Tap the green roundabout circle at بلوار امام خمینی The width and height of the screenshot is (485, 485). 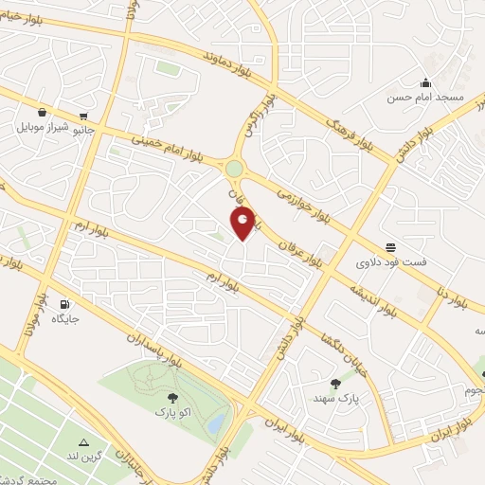(234, 170)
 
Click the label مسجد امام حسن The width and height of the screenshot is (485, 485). (428, 98)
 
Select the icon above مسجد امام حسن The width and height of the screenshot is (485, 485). (426, 82)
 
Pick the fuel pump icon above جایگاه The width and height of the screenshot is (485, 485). (64, 305)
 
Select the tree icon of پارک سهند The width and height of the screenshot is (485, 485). (335, 383)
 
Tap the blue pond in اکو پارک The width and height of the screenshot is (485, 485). (216, 422)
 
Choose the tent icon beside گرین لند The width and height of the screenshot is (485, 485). (84, 442)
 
